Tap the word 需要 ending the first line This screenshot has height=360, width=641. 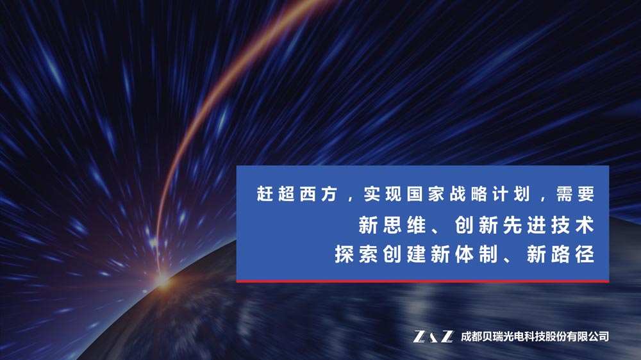click(x=575, y=193)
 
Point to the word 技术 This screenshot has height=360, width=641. click(x=572, y=225)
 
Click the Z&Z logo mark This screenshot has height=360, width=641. click(x=433, y=336)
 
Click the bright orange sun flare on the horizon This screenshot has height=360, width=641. click(x=162, y=281)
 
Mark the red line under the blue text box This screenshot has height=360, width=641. click(x=422, y=281)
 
